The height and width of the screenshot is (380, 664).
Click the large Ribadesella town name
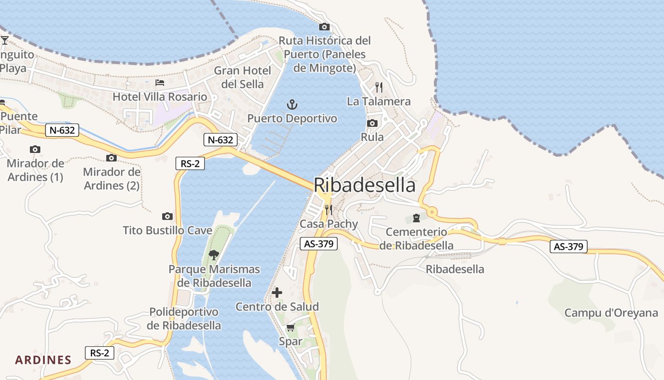coord(365,185)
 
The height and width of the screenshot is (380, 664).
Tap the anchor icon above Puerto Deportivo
coord(292,104)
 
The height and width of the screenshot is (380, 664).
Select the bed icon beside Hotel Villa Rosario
coord(160,83)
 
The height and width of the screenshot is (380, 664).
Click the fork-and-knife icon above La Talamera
coord(378,87)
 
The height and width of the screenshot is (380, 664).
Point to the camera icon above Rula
coord(372,123)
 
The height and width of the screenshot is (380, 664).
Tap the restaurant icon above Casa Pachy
coord(328,209)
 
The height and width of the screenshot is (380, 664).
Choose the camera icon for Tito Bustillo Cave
coord(167,217)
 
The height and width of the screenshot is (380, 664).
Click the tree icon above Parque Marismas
coord(214,255)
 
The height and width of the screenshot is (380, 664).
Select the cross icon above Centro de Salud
coord(277,293)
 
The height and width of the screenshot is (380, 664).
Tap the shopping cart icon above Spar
coord(290,327)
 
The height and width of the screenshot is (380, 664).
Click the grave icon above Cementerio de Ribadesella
coord(416,218)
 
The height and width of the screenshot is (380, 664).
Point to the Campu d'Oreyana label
coord(611,313)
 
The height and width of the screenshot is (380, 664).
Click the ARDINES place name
coord(43,360)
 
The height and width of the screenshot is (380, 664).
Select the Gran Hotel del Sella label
coord(242,77)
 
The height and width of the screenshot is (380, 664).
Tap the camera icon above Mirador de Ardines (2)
coord(111,158)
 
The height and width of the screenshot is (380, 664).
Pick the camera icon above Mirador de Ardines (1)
coord(35,150)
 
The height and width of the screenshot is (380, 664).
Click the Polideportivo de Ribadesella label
coord(184,319)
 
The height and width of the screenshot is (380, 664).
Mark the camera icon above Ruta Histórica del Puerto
coord(324,27)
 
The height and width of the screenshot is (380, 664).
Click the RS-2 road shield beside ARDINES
coord(100,353)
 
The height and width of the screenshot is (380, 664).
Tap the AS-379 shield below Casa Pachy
coord(319,244)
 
